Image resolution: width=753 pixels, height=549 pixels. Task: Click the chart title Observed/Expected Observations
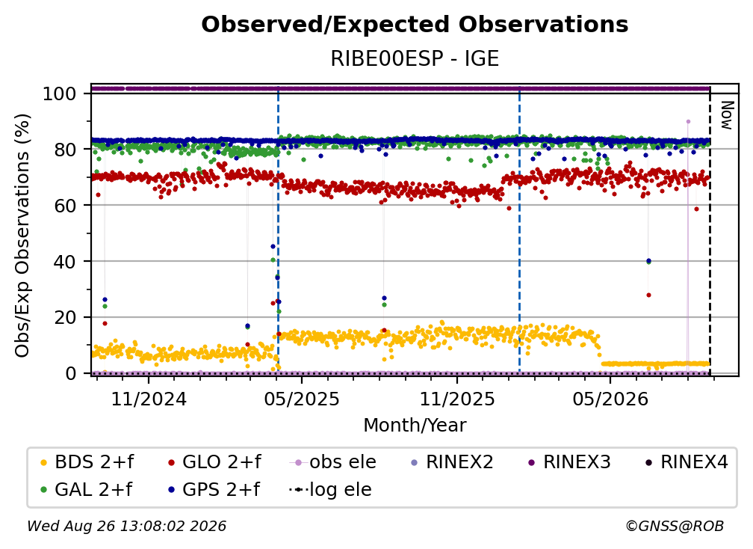click(x=415, y=25)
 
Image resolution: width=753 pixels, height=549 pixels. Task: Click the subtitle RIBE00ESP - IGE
click(x=415, y=58)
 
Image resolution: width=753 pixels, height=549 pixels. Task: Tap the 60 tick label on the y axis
click(x=65, y=205)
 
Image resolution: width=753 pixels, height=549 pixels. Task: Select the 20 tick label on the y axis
click(x=65, y=317)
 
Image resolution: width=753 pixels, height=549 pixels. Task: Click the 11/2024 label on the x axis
click(x=149, y=399)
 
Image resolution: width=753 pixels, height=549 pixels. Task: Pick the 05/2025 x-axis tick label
click(x=302, y=399)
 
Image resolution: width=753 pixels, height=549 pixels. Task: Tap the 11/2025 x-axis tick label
click(x=457, y=399)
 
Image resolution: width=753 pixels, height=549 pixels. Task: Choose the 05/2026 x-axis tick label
click(x=610, y=399)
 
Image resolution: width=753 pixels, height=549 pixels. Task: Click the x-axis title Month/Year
click(x=415, y=426)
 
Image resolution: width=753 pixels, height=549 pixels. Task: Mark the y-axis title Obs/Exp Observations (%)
click(x=22, y=236)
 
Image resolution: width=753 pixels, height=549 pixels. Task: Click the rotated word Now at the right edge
click(x=727, y=115)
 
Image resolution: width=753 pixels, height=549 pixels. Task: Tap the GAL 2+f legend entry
click(x=87, y=489)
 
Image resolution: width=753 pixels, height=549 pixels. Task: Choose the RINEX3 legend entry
click(x=569, y=462)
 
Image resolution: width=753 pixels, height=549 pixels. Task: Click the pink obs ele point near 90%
click(x=688, y=122)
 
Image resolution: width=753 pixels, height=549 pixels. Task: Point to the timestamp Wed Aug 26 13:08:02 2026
click(x=127, y=526)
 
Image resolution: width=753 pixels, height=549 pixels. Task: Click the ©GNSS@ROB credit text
click(x=675, y=526)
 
